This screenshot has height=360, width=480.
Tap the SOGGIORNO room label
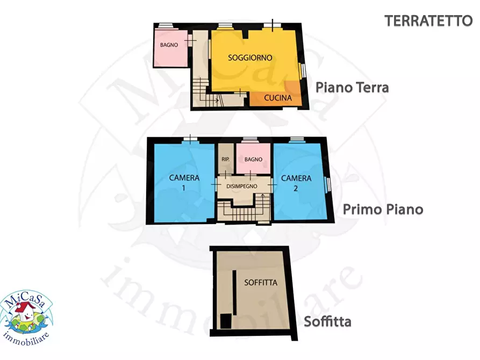click(x=250, y=57)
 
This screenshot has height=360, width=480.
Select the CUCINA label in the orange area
click(x=278, y=98)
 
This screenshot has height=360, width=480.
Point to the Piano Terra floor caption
click(x=352, y=87)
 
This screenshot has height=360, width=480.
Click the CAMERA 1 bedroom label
click(x=184, y=182)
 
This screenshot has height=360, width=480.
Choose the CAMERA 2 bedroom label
click(x=296, y=182)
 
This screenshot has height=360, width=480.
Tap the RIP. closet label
click(x=226, y=159)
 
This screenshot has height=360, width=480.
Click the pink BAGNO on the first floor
click(x=253, y=159)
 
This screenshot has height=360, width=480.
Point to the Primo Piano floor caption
click(x=383, y=209)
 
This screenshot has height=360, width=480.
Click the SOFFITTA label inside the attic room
click(x=260, y=282)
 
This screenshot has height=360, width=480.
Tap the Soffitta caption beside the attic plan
click(x=327, y=322)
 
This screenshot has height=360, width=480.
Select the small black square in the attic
click(x=225, y=321)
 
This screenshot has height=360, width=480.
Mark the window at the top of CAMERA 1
click(x=190, y=140)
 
